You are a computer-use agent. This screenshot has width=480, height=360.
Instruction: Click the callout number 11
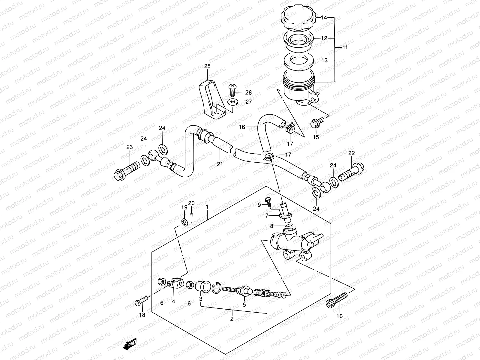point(345,47)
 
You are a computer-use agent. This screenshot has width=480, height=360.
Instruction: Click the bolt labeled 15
point(317,122)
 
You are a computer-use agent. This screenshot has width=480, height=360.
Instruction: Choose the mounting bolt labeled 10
point(337,300)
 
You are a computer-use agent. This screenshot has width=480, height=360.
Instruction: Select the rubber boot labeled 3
point(203,286)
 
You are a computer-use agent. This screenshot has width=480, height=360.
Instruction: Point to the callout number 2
point(232,319)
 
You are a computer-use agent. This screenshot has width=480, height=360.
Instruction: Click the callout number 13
point(324,60)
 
